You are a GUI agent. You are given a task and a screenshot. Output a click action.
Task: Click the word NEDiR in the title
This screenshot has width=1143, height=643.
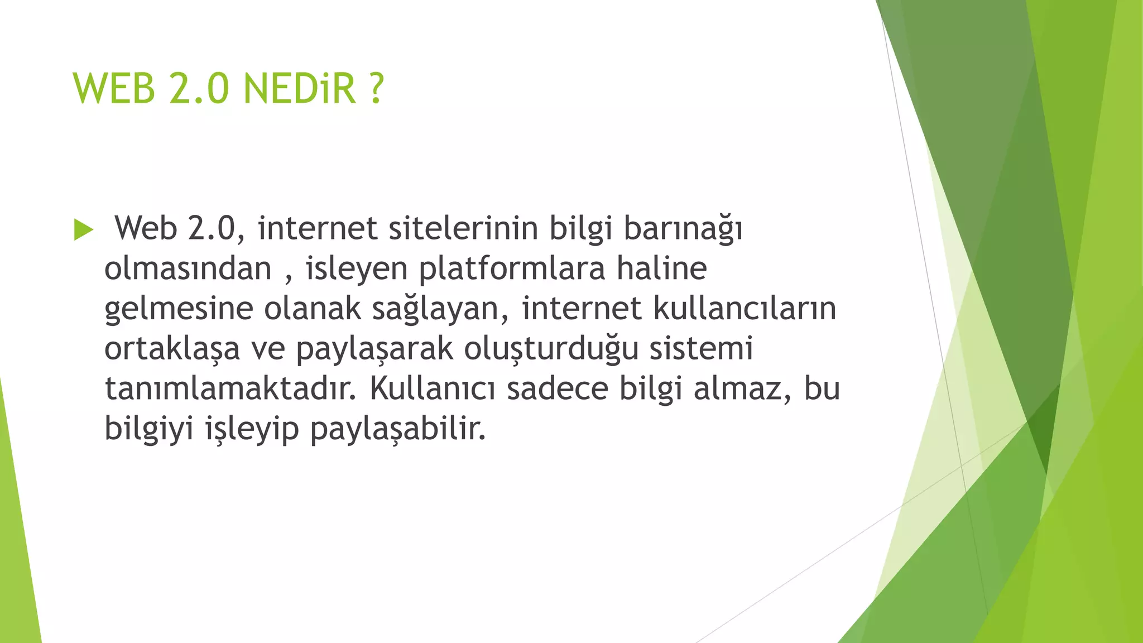(x=299, y=89)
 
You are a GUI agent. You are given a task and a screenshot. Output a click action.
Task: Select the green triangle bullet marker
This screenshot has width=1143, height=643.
(x=83, y=230)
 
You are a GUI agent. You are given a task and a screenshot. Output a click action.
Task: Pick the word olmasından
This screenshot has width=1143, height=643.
(x=188, y=268)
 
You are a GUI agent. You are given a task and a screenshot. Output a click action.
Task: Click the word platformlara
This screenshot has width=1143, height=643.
(x=512, y=269)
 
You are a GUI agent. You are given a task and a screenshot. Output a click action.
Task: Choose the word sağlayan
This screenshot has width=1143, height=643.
(x=438, y=309)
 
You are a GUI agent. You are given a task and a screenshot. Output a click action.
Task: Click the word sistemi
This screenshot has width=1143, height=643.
(x=701, y=348)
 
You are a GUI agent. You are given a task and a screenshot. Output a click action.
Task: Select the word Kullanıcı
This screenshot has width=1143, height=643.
(x=432, y=388)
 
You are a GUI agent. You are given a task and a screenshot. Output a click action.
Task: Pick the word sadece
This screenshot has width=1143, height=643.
(x=557, y=388)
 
